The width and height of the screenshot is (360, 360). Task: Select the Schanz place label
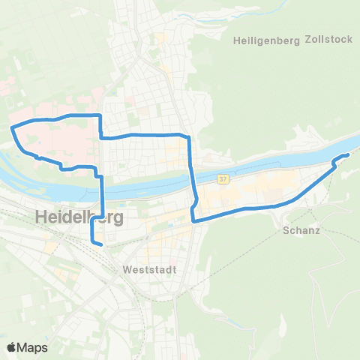(302, 230)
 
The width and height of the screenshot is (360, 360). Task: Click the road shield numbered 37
(223, 179)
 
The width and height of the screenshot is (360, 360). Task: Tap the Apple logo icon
(12, 347)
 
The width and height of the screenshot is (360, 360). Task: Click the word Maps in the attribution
(34, 347)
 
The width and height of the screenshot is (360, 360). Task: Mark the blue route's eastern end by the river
(348, 154)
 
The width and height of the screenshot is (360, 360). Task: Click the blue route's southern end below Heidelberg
(101, 243)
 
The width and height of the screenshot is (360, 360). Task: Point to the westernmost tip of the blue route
(10, 128)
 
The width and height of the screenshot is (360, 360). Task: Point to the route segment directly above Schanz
(296, 200)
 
